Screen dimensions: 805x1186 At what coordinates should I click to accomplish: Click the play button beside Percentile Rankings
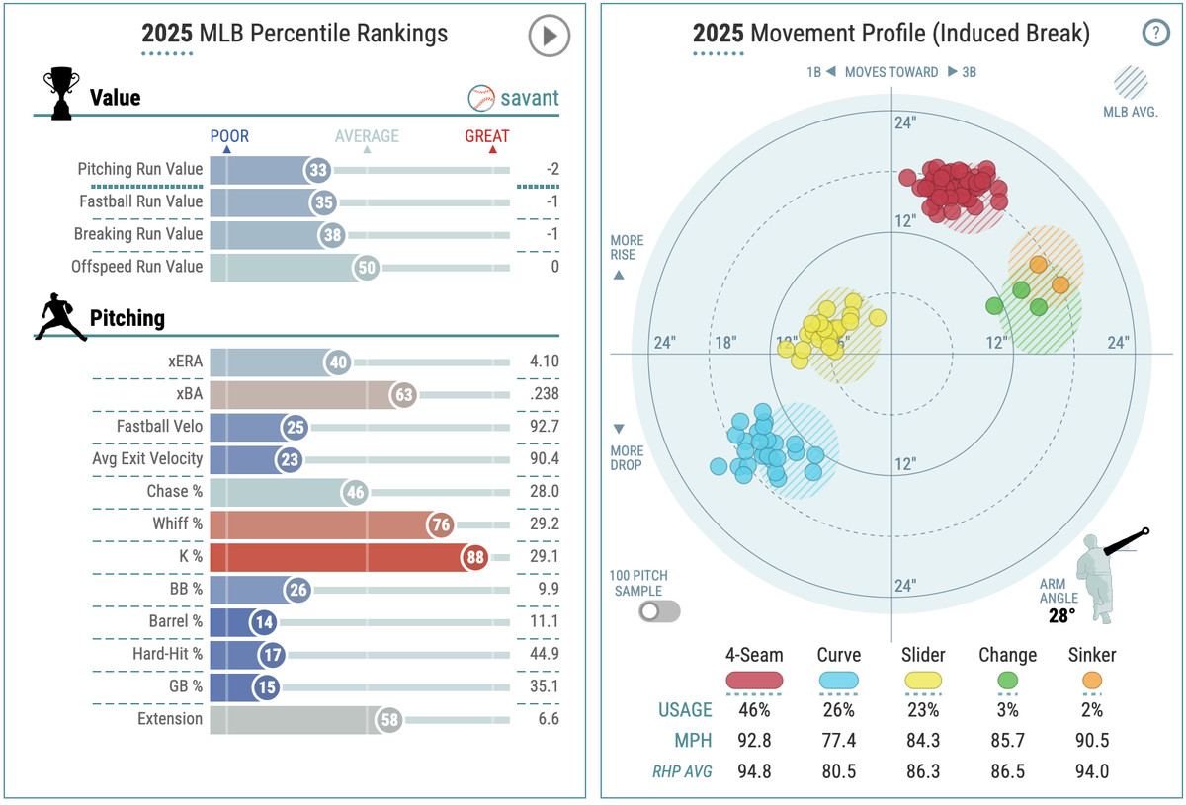tap(549, 37)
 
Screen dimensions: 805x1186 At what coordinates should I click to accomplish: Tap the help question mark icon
tap(1155, 33)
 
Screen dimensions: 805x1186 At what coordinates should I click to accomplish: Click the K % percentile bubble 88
tap(476, 556)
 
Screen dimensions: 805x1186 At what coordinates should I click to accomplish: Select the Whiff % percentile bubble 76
tap(441, 524)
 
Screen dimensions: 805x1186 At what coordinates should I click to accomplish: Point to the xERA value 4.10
tap(543, 362)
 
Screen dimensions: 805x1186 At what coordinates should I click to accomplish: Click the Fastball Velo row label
tap(159, 428)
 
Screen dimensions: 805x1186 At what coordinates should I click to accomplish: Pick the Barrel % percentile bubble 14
tap(262, 622)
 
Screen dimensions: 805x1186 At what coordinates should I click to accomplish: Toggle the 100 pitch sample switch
tap(659, 611)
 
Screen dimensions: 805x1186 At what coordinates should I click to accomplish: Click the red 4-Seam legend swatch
tap(754, 681)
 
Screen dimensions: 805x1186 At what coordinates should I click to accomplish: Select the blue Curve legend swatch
tap(839, 681)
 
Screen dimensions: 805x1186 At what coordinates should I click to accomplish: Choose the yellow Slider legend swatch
tap(923, 681)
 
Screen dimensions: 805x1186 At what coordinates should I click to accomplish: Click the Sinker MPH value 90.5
tap(1091, 741)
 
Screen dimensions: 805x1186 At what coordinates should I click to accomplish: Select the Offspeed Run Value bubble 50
tap(366, 267)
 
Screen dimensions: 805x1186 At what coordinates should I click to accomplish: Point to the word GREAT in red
tap(487, 136)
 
